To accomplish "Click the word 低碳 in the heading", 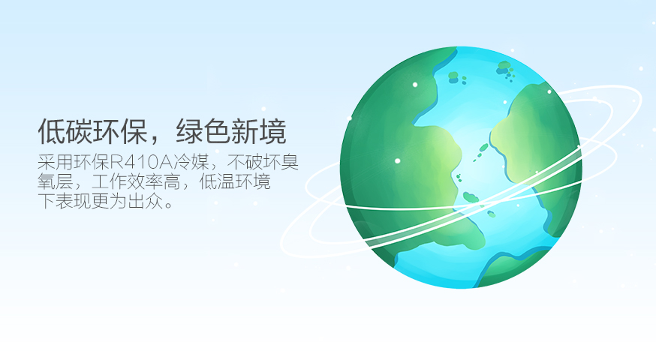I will [x=65, y=131].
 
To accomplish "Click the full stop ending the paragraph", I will [x=167, y=205].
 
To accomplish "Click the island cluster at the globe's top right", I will [x=508, y=70].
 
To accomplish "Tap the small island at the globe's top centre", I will [x=453, y=76].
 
